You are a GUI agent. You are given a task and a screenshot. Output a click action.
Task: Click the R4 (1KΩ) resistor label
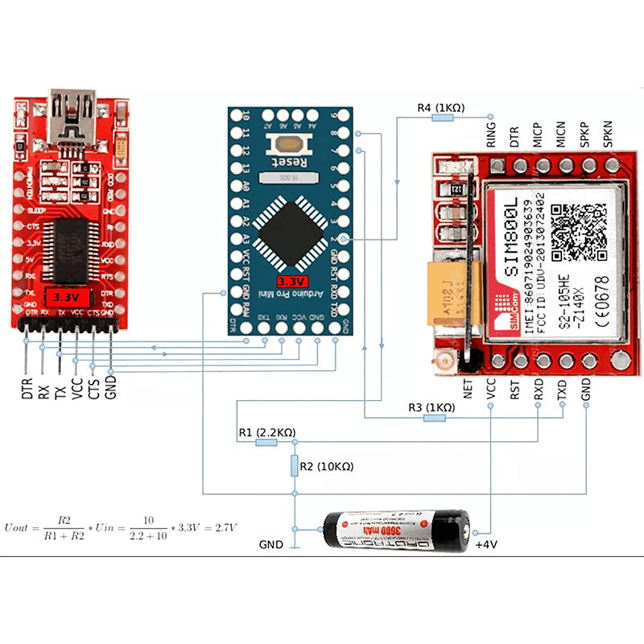click(x=440, y=107)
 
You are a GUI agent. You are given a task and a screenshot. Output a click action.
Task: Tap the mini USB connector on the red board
click(x=72, y=114)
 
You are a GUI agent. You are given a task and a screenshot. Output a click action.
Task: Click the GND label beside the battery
click(x=270, y=545)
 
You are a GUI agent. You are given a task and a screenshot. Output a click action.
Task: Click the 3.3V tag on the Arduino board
click(x=291, y=282)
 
